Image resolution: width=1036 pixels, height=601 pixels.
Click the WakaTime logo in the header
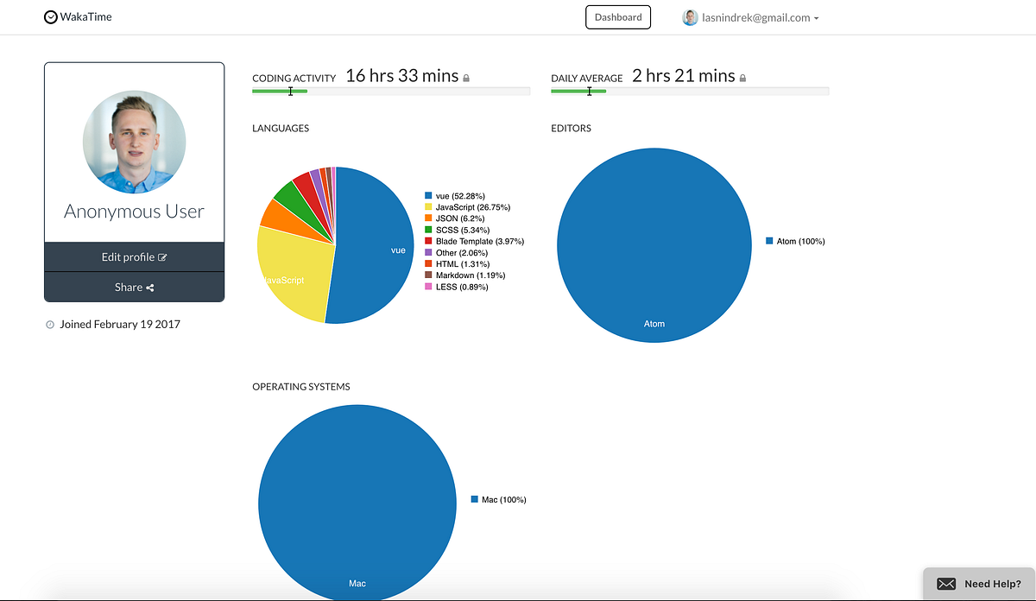(78, 16)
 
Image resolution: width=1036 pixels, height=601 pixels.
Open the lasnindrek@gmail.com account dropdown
(750, 17)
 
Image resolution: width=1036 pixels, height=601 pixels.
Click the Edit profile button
(134, 257)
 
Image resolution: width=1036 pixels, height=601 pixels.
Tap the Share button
(134, 288)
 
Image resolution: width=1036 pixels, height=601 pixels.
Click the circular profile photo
(134, 142)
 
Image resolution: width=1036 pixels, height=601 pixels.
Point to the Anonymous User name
(134, 212)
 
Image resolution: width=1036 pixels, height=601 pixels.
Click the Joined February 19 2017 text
(119, 325)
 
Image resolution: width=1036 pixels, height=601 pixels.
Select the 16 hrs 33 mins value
(401, 76)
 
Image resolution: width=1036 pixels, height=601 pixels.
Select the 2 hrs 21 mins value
(683, 76)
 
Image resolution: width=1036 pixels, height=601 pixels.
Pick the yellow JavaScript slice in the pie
(289, 276)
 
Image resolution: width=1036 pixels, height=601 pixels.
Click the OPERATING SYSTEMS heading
(300, 387)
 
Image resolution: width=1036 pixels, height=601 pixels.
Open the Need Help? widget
(979, 584)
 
